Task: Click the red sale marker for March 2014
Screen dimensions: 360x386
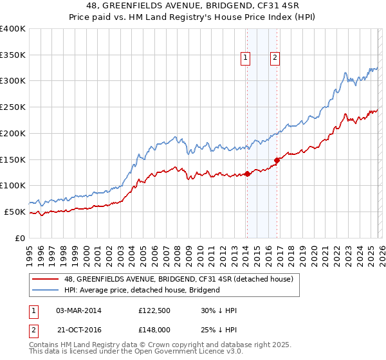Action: click(247, 174)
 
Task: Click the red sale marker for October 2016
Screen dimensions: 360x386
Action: click(277, 160)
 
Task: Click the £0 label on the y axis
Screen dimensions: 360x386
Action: click(19, 238)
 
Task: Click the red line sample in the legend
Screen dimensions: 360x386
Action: click(46, 279)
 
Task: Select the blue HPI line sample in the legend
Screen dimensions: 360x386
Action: click(46, 290)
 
